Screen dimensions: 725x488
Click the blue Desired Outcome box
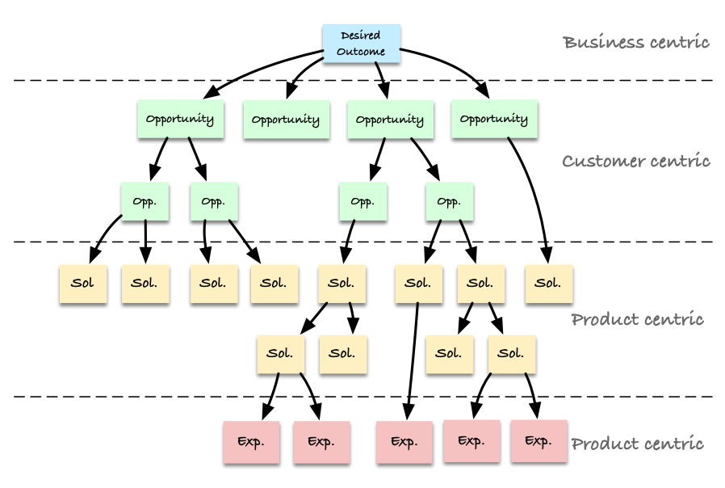click(361, 44)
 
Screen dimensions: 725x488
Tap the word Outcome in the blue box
click(361, 52)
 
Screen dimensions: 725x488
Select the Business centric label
click(635, 42)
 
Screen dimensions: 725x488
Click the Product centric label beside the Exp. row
click(637, 444)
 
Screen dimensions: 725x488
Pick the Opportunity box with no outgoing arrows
click(287, 120)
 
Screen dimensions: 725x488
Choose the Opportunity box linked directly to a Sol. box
click(494, 119)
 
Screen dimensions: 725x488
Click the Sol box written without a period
click(83, 284)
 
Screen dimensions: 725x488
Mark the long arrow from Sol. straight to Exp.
click(413, 361)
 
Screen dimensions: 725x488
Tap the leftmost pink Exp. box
click(251, 442)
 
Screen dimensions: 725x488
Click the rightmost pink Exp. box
click(539, 441)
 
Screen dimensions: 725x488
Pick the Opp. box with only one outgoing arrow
click(363, 201)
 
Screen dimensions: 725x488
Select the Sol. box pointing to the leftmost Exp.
click(281, 355)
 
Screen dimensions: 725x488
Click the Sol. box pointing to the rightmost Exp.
click(512, 355)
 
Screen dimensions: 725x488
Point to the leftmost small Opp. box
click(145, 201)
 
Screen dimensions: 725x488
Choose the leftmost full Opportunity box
click(181, 119)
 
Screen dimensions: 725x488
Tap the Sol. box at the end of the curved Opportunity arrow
click(549, 284)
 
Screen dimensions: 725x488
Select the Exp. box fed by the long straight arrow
click(404, 442)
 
